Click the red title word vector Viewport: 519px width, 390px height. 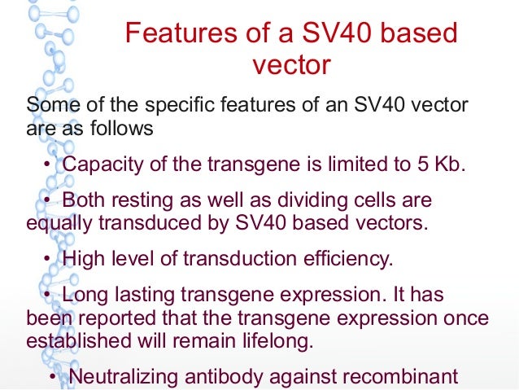pos(290,65)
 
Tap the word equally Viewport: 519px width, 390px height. pos(56,223)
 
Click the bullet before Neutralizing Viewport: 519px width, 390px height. pos(54,377)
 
